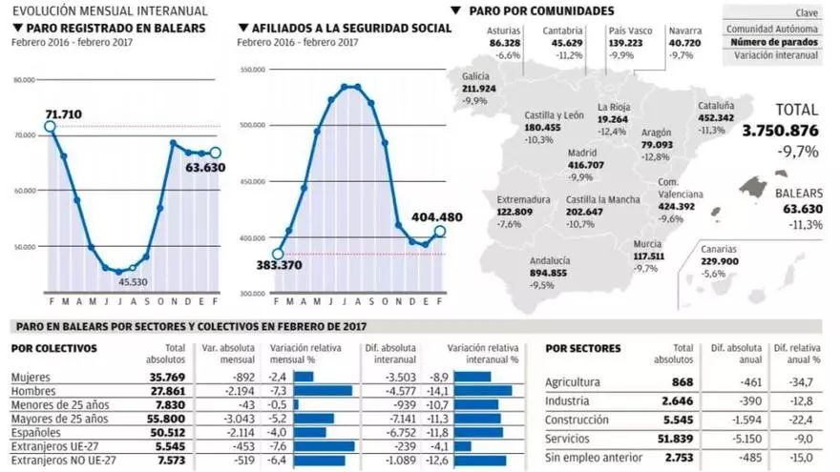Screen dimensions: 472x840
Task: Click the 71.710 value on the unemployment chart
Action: [x=63, y=113]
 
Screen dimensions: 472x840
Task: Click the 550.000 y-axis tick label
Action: [x=251, y=70]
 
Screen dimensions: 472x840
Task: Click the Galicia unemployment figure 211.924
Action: [x=478, y=89]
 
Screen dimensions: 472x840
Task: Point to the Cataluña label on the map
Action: [x=716, y=106]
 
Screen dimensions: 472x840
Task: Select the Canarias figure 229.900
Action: [x=720, y=260]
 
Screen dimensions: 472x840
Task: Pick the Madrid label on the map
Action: [x=582, y=152]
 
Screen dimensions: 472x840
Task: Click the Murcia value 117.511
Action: [x=648, y=256]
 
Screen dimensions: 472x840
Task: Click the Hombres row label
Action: [x=32, y=391]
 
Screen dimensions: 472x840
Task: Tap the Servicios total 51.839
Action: [x=675, y=438]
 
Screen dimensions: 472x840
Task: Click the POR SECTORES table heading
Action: [x=582, y=348]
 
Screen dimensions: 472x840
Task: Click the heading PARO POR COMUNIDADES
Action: [x=541, y=10]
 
